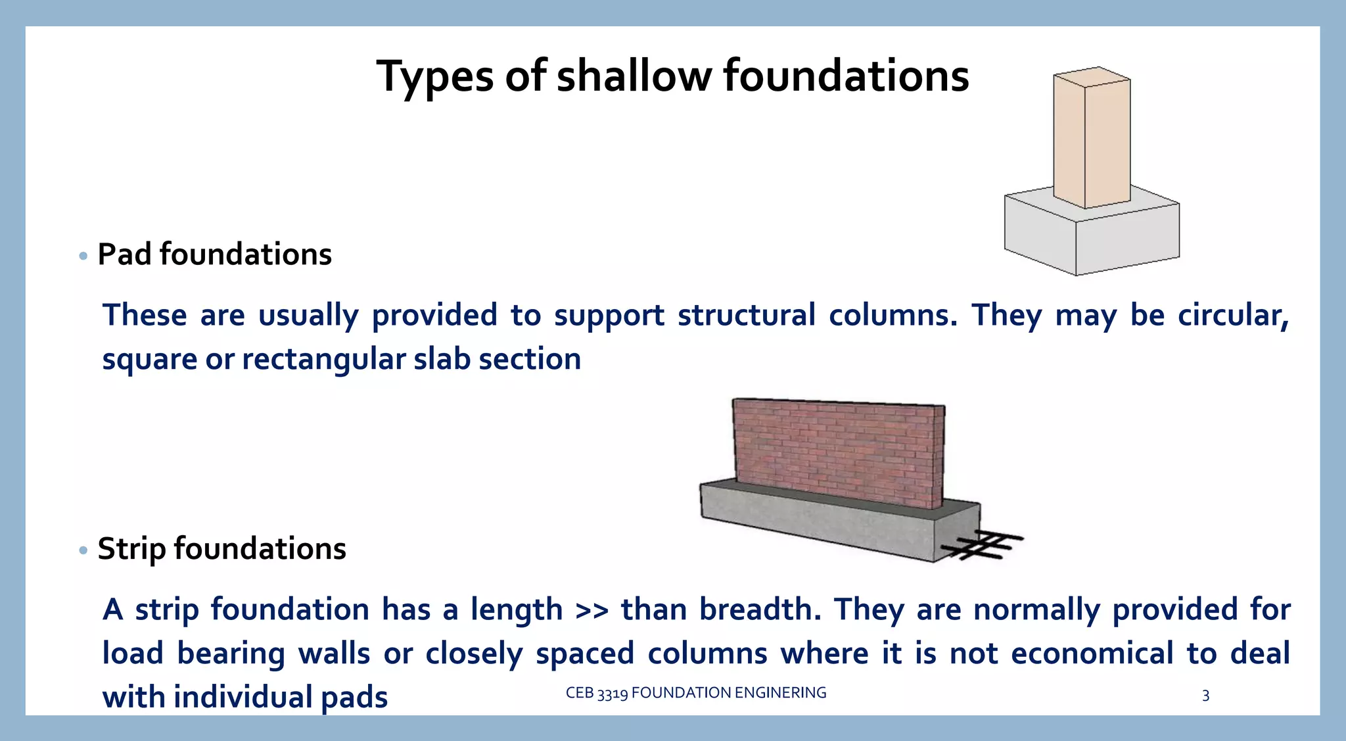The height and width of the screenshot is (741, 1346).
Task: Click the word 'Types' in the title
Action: [x=434, y=78]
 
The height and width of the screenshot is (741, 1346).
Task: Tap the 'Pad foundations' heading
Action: [x=214, y=254]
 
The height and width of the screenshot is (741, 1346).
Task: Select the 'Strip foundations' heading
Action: [x=221, y=549]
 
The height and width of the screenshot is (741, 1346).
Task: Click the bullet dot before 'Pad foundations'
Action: [x=83, y=256]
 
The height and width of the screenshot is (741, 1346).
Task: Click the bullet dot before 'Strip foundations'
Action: [x=83, y=550]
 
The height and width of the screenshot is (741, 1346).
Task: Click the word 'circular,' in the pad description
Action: [x=1233, y=315]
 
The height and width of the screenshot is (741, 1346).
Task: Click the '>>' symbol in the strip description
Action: [x=592, y=610]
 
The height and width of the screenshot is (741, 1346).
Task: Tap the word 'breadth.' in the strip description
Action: [x=760, y=610]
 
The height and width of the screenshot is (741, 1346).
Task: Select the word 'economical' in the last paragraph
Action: [x=1092, y=654]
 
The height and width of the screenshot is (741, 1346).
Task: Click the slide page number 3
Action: [x=1205, y=696]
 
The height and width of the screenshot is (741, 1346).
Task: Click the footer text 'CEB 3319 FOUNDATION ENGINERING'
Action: [x=696, y=693]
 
